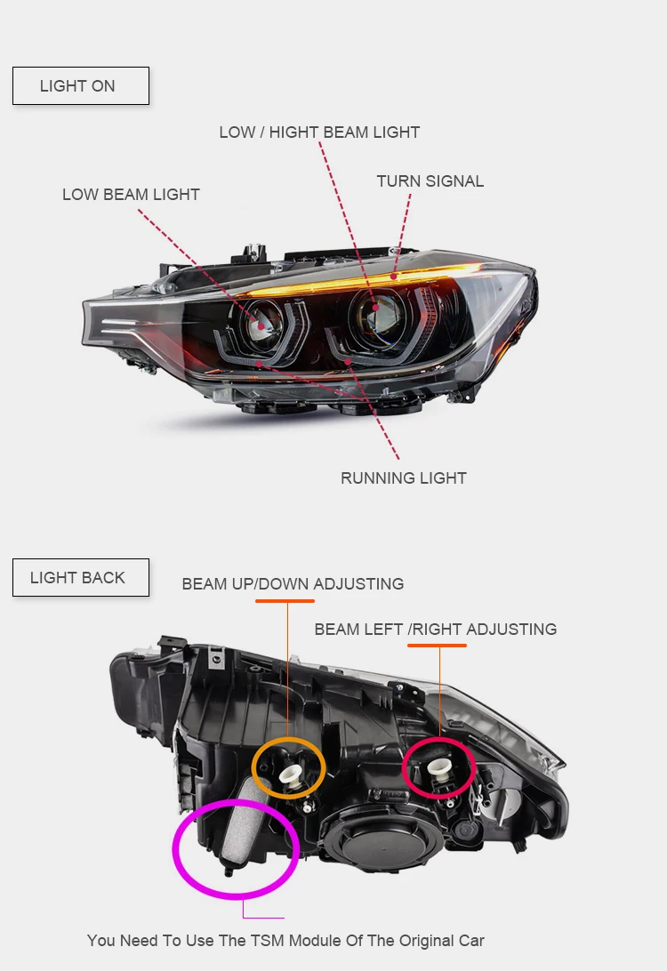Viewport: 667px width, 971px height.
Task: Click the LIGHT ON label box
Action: [80, 86]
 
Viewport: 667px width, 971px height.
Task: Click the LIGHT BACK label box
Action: [80, 577]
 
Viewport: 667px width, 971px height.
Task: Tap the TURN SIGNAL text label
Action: [430, 181]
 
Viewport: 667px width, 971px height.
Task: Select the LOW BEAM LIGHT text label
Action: [131, 195]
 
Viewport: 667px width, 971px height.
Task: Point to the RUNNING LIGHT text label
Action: [403, 478]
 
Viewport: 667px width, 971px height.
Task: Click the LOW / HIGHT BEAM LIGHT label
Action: [319, 132]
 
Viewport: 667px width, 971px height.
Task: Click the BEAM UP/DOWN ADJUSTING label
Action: [293, 584]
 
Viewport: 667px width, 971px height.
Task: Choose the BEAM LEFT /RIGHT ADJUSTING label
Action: [435, 630]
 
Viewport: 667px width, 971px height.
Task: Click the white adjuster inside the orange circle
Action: [290, 772]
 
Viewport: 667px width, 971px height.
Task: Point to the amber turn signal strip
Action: [356, 284]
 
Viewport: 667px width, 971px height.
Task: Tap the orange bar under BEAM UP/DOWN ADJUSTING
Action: [285, 601]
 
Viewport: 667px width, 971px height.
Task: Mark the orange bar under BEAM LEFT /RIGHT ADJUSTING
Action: [437, 646]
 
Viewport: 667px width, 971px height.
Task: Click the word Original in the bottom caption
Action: [418, 940]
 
